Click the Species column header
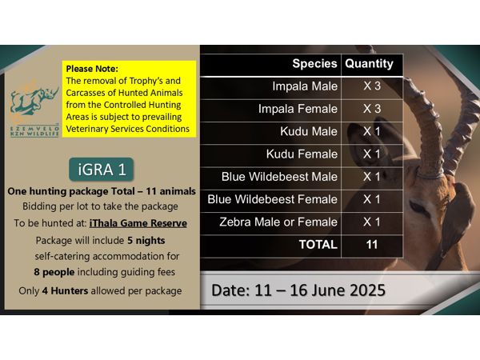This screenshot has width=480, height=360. coord(314,64)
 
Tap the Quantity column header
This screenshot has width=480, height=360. coord(369,64)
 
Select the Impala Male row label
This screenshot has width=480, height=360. coord(305,86)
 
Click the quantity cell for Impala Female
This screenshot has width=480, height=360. coord(372,109)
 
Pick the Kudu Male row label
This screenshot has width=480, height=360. coord(309,131)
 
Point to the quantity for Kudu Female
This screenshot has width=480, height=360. coord(372,154)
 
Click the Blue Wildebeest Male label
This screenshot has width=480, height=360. coord(279,177)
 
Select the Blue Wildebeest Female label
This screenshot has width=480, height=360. coord(272,199)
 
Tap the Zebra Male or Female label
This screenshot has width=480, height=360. coord(278,222)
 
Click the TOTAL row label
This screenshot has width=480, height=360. coord(318,245)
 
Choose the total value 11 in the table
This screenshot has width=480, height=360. coord(372,245)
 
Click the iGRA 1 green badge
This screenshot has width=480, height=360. coord(102,170)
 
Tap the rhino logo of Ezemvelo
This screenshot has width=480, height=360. coord(34,101)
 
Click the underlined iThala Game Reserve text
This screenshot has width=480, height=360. coord(138,223)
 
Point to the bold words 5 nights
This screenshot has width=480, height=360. coord(146,241)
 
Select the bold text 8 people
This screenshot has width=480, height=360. coord(54,272)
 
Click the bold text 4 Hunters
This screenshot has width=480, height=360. coord(65,291)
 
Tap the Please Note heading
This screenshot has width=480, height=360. coord(92,69)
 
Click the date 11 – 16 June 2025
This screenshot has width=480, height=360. coord(320,290)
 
